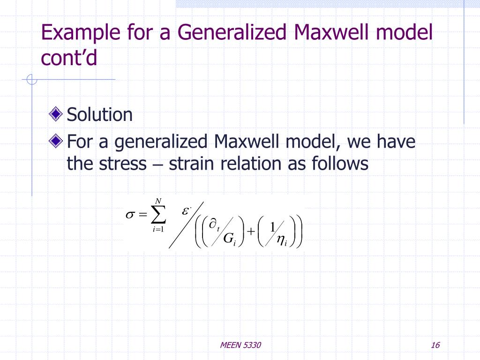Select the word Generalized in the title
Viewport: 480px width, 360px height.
[x=232, y=34]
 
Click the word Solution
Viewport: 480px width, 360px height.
[x=100, y=114]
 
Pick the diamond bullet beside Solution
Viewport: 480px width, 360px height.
[x=57, y=114]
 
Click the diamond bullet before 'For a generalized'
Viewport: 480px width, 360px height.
[x=57, y=141]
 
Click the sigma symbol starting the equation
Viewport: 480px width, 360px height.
[x=130, y=215]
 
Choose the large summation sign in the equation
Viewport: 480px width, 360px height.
[x=158, y=215]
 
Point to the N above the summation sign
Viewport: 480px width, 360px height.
[x=158, y=202]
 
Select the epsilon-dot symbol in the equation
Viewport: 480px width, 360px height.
[x=186, y=211]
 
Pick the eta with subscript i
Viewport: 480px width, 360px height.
[x=282, y=240]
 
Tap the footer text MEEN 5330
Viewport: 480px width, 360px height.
[x=240, y=345]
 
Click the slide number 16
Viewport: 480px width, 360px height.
[x=435, y=345]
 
